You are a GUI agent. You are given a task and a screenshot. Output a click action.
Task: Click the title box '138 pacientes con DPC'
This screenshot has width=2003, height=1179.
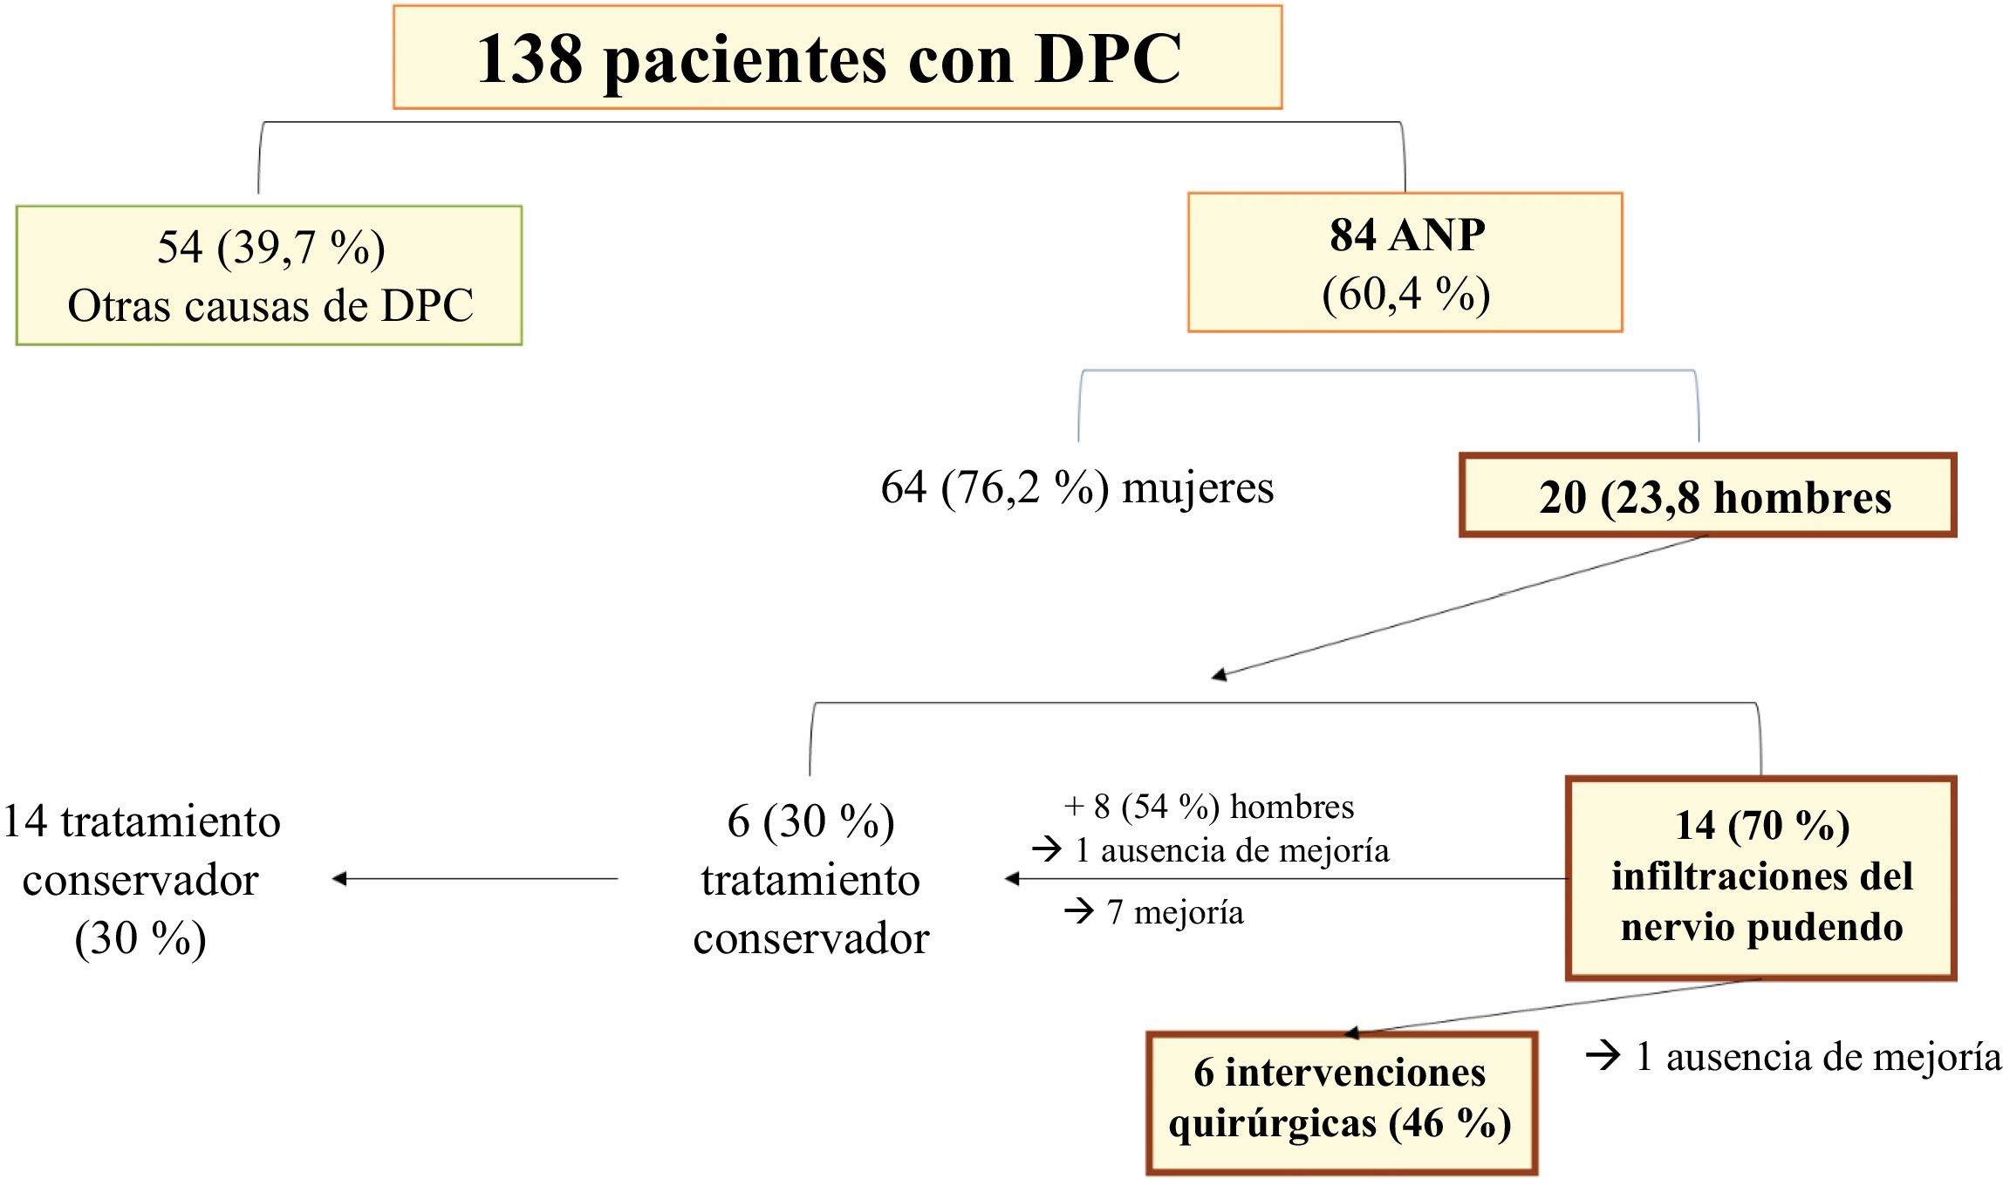(x=837, y=58)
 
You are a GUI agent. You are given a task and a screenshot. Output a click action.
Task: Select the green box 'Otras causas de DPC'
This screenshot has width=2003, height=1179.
(x=269, y=276)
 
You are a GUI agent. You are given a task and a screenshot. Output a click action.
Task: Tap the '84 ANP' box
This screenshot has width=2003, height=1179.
(x=1405, y=262)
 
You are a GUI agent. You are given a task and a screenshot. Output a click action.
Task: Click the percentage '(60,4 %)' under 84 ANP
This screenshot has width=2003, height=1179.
(x=1405, y=295)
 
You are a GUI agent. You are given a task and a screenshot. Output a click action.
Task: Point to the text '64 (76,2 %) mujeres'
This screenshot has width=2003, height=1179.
(x=1077, y=487)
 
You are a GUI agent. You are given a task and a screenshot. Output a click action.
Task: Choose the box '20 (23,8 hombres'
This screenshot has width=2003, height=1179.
(x=1707, y=495)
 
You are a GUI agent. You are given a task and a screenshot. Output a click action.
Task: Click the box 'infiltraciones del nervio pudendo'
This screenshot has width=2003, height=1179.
(x=1760, y=877)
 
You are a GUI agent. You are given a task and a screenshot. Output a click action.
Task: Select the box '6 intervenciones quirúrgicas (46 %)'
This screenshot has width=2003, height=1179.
(x=1341, y=1102)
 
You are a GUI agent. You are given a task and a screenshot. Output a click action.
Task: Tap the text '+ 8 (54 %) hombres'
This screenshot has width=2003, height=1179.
(x=1209, y=807)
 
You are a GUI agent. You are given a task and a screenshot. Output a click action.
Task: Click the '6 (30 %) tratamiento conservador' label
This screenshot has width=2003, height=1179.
(x=810, y=879)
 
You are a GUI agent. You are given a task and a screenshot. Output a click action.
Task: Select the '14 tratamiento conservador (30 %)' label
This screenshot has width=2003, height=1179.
(x=141, y=879)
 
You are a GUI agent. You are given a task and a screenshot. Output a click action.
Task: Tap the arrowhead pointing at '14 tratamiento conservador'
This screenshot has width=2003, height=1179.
(x=340, y=879)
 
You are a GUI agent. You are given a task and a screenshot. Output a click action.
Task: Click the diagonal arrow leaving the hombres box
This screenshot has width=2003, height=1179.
(x=1457, y=606)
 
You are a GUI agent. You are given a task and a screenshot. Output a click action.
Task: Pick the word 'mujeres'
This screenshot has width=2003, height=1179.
(x=1198, y=487)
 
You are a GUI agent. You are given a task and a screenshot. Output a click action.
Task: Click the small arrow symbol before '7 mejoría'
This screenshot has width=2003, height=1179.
(x=1079, y=912)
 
